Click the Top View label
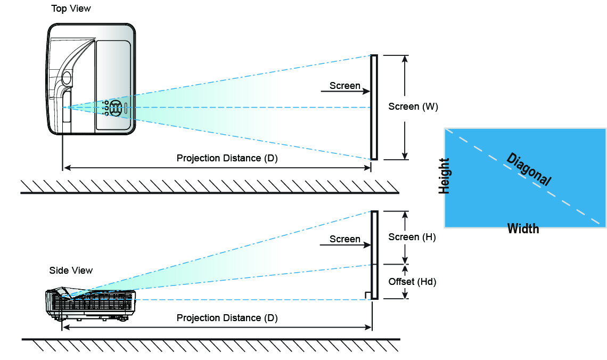click(70, 9)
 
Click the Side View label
click(71, 270)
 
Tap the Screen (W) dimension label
click(413, 107)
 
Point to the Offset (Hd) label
click(412, 282)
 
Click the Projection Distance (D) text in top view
click(227, 158)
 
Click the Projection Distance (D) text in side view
click(227, 318)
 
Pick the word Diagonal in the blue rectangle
click(528, 169)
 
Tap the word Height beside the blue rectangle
click(444, 176)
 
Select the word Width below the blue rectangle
click(523, 229)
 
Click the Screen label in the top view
click(344, 85)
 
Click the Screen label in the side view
click(344, 239)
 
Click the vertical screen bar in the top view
click(374, 107)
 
